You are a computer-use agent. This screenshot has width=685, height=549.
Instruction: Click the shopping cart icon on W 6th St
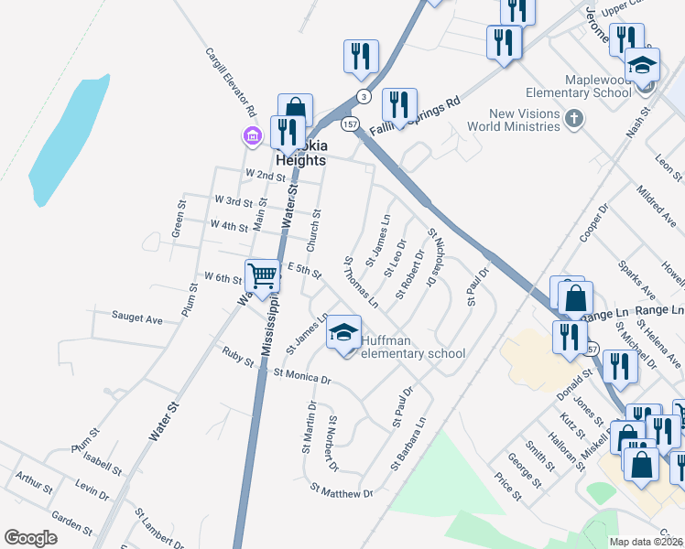(x=263, y=275)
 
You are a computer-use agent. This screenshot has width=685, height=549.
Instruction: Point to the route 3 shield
(x=364, y=96)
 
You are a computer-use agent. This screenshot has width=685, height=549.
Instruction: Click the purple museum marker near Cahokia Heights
(x=252, y=136)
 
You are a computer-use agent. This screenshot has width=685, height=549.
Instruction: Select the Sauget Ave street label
(x=136, y=318)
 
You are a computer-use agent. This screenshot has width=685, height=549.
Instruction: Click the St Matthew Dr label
(x=342, y=492)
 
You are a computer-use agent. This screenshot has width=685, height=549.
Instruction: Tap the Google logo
(x=30, y=538)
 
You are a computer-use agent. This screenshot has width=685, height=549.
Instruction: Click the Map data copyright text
(x=647, y=542)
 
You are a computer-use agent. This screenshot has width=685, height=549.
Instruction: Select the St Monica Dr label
(x=301, y=374)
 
